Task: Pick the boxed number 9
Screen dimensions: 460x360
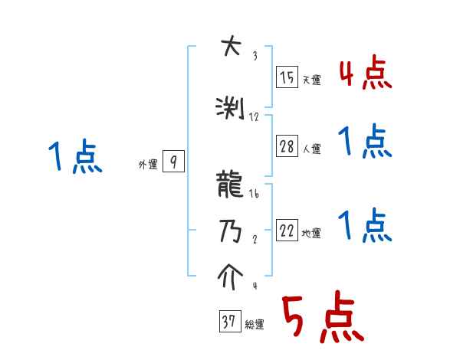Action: point(174,162)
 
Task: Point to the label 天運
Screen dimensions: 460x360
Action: point(311,80)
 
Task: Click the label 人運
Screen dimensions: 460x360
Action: point(311,149)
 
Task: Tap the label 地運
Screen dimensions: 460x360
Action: point(311,233)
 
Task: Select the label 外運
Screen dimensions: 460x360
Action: point(148,164)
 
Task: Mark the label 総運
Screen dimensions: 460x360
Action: point(254,325)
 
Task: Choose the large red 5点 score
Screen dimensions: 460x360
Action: point(322,318)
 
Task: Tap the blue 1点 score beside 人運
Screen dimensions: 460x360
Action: point(365,142)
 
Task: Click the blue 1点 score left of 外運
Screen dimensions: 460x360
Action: point(74,158)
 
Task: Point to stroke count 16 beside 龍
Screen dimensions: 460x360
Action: point(255,195)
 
